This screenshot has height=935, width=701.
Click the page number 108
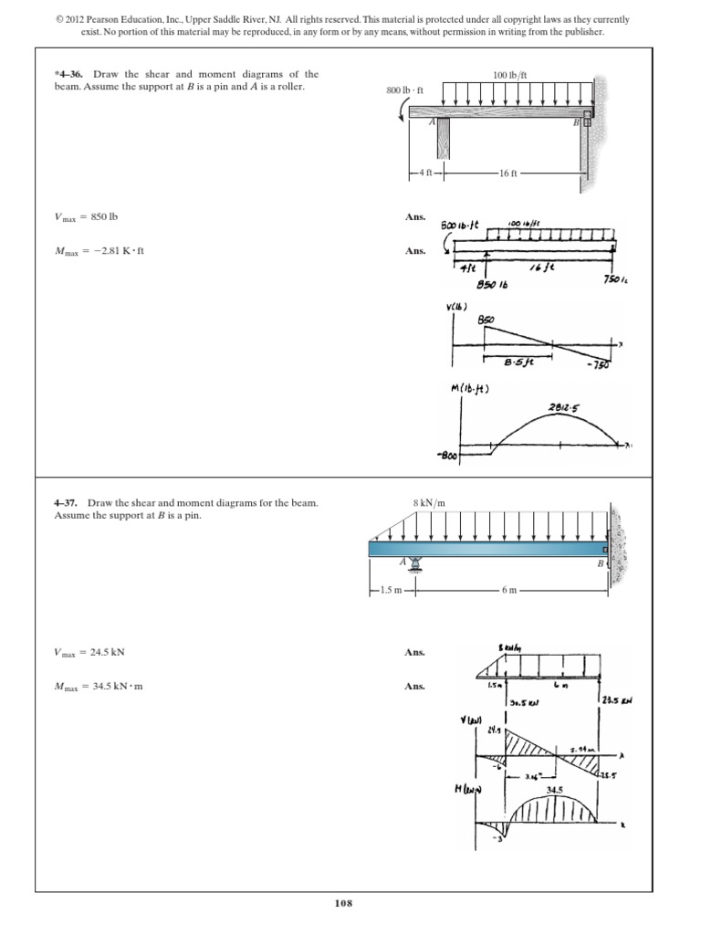[342, 903]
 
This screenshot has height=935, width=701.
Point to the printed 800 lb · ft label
[407, 90]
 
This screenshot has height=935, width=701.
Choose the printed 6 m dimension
[509, 591]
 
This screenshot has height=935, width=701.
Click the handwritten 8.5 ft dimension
[518, 361]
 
